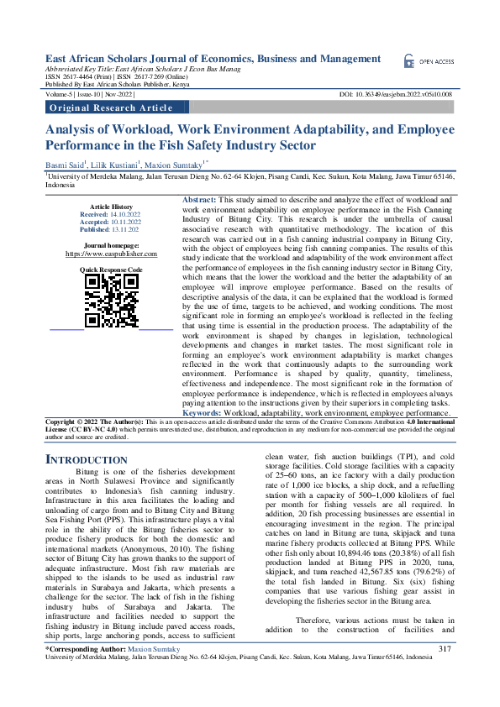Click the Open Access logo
tap(429, 61)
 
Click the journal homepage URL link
tap(112, 253)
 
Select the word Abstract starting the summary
tap(175, 199)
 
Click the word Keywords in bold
tap(202, 413)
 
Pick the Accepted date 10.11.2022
tap(123, 222)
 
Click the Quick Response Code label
tap(111, 269)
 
